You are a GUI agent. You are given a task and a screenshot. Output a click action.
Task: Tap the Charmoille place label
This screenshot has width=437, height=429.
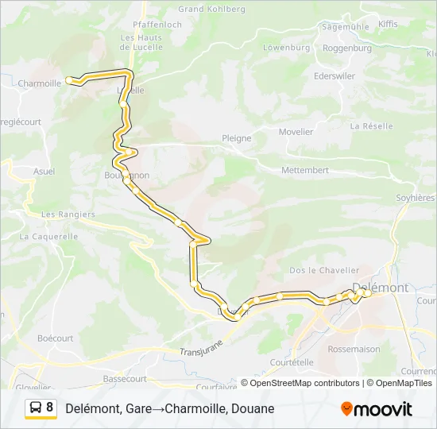pos(39,83)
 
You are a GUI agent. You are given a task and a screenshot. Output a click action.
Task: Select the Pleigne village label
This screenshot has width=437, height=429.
pos(236,138)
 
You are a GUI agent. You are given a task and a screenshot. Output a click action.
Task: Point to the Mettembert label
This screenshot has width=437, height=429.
pos(305,170)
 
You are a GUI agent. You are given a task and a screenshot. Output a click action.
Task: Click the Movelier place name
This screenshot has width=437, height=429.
pos(296,132)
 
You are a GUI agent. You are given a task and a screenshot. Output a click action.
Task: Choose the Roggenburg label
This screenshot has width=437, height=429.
pos(347,48)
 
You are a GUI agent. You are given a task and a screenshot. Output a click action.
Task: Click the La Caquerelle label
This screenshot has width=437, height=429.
pos(49,236)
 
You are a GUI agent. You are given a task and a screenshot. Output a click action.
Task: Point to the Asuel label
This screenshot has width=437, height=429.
pos(44,171)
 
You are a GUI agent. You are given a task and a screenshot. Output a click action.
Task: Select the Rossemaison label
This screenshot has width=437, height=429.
pos(354,349)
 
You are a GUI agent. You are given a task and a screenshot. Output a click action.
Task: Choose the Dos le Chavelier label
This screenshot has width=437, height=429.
pos(324,270)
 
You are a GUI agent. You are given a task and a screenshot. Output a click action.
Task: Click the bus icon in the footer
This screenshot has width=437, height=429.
pos(36,408)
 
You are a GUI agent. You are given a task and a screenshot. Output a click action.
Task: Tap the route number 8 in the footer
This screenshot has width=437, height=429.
pos(50,408)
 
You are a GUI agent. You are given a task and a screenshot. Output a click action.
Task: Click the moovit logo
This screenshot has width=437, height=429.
pos(377,409)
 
